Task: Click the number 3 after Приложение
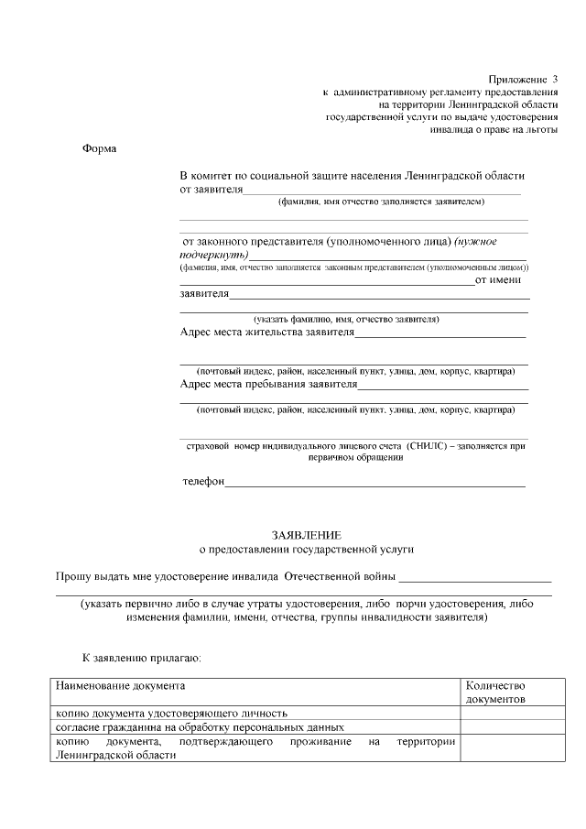point(554,80)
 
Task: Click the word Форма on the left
point(99,148)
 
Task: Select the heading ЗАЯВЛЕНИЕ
point(306,534)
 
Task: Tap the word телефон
point(202,481)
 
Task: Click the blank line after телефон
point(375,483)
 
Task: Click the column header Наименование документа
point(120,685)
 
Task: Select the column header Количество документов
point(495,692)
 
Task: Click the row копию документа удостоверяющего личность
point(172,712)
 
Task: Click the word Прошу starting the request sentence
point(73,577)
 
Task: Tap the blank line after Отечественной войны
point(475,579)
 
